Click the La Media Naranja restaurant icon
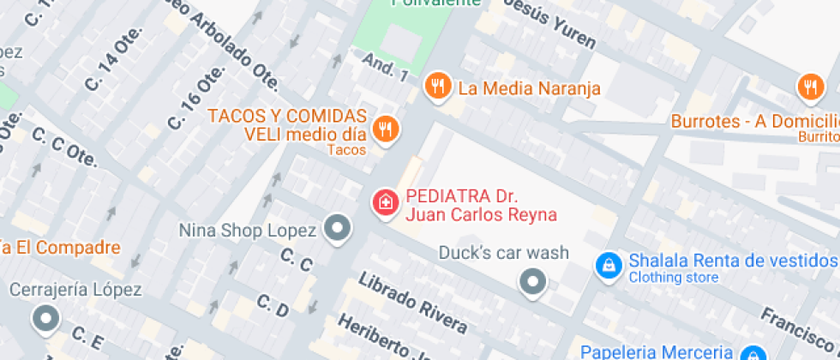[x=438, y=85]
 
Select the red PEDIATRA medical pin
[x=386, y=203]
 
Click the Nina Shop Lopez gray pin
[x=339, y=229]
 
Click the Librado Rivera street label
[x=413, y=303]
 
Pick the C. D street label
[x=273, y=309]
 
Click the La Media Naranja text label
[x=529, y=88]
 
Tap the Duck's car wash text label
[x=503, y=253]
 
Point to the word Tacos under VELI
[x=346, y=150]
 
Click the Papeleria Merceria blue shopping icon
[x=753, y=353]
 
